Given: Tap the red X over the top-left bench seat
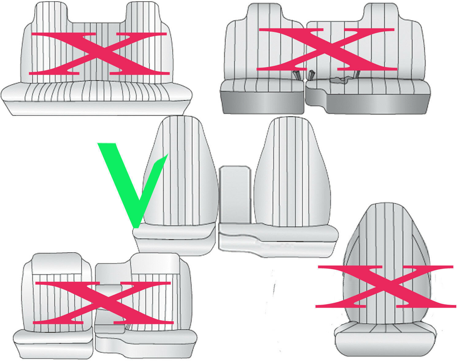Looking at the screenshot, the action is [x=99, y=53].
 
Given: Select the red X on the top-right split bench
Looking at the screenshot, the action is [x=327, y=49].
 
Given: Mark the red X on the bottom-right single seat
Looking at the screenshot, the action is [x=386, y=287].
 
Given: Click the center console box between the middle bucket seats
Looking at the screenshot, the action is [x=235, y=195].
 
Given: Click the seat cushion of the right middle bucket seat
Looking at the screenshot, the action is [x=278, y=240].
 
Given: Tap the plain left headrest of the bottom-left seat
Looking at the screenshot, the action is [x=57, y=264].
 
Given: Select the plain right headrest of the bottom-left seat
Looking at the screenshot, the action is [x=155, y=264].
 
